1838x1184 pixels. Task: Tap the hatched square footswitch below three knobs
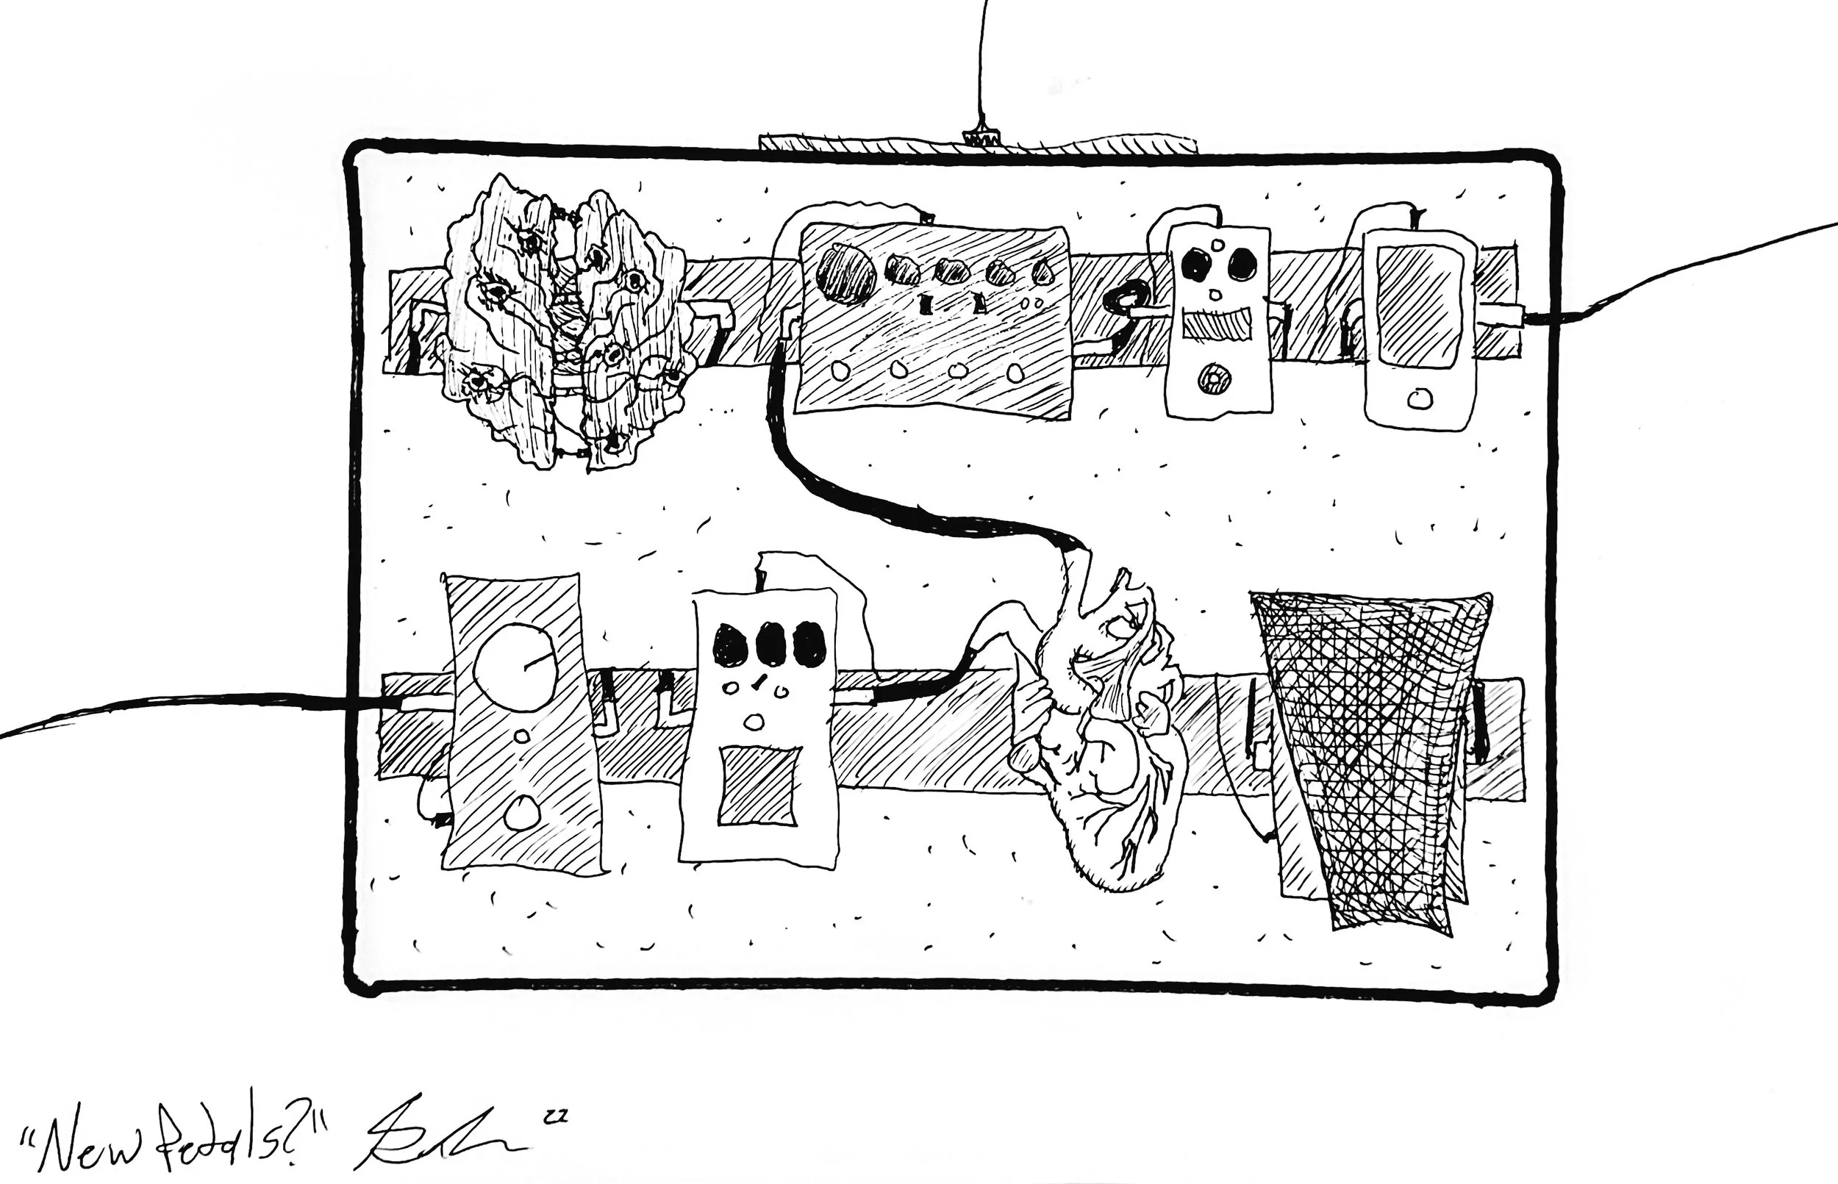[757, 786]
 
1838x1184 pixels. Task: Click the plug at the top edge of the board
[980, 139]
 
